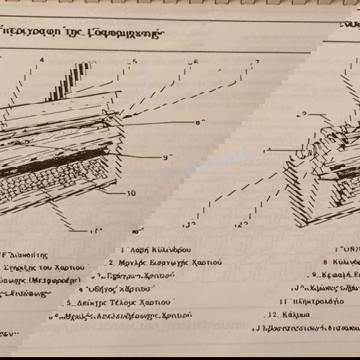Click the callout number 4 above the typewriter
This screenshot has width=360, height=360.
coord(42,60)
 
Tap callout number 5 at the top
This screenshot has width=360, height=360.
coord(134,61)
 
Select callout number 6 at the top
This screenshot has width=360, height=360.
coord(194,62)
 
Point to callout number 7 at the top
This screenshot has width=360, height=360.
coord(256,63)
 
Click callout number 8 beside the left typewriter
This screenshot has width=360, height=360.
coord(199,122)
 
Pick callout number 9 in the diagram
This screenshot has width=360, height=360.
coord(166,157)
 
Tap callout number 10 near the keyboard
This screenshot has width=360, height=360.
coord(131,192)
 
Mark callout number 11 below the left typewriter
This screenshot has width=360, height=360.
coord(94,230)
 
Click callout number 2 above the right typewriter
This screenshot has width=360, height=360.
coord(305,114)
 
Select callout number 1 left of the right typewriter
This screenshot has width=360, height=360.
coord(269,150)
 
